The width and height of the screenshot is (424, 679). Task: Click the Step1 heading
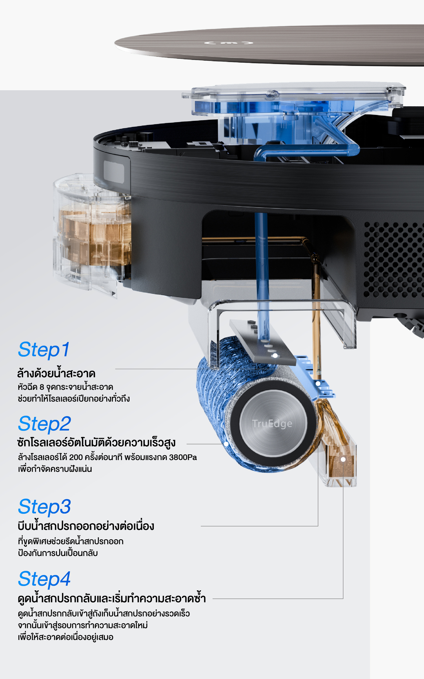[44, 350]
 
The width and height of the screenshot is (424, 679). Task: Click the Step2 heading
[44, 424]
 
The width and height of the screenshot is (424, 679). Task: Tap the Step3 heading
[44, 507]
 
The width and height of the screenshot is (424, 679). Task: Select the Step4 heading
[44, 579]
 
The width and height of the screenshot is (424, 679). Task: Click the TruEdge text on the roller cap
[272, 424]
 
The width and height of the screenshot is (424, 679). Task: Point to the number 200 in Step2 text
[76, 457]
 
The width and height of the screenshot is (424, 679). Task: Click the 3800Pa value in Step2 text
[183, 457]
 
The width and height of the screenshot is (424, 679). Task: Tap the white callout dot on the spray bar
[275, 355]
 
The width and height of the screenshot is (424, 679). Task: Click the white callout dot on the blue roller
[226, 444]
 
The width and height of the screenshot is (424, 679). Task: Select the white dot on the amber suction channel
[343, 459]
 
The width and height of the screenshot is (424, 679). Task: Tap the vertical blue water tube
[262, 275]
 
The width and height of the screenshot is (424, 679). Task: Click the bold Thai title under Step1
[56, 373]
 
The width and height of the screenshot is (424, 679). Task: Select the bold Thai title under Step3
[86, 526]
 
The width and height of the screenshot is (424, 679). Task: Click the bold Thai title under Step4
[112, 598]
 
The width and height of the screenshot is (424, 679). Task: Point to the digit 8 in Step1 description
[42, 387]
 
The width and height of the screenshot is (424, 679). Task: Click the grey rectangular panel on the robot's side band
[114, 171]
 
